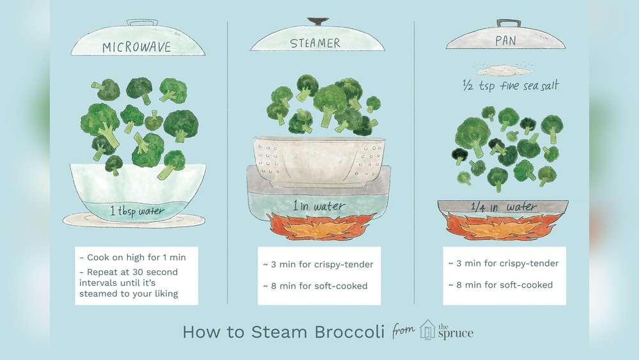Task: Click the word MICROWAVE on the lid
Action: [x=137, y=47]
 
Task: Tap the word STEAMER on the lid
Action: [x=315, y=43]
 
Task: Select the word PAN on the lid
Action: [x=505, y=41]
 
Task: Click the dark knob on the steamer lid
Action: [x=318, y=21]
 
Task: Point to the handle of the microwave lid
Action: [x=142, y=22]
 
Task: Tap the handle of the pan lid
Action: [x=508, y=23]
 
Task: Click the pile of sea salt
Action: [x=504, y=70]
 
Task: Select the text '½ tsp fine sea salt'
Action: [x=511, y=86]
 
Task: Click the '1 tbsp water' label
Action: [x=137, y=211]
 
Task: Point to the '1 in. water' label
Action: [x=319, y=206]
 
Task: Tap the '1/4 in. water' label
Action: [x=504, y=207]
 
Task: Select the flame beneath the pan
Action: [x=503, y=226]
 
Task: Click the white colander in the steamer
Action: [x=319, y=162]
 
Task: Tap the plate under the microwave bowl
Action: [x=134, y=220]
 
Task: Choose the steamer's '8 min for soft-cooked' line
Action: [x=315, y=286]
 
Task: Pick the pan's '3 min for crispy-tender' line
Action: [x=504, y=263]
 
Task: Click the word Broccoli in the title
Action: [x=350, y=332]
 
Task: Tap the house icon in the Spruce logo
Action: [x=427, y=329]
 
